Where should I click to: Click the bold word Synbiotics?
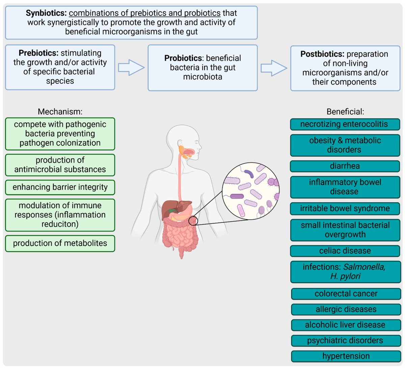tap(46, 13)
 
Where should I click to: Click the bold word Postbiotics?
tap(322, 54)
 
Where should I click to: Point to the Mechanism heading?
tap(60, 112)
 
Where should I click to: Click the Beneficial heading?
tap(345, 112)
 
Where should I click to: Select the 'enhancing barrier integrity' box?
tap(60, 187)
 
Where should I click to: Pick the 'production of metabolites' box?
tap(60, 243)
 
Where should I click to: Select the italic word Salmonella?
tap(364, 267)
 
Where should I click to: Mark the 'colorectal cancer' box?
tap(346, 294)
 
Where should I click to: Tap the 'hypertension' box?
tap(346, 356)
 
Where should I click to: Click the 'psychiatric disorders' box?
tap(346, 341)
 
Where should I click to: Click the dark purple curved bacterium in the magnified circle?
tap(249, 174)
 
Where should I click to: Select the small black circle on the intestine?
tap(193, 221)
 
